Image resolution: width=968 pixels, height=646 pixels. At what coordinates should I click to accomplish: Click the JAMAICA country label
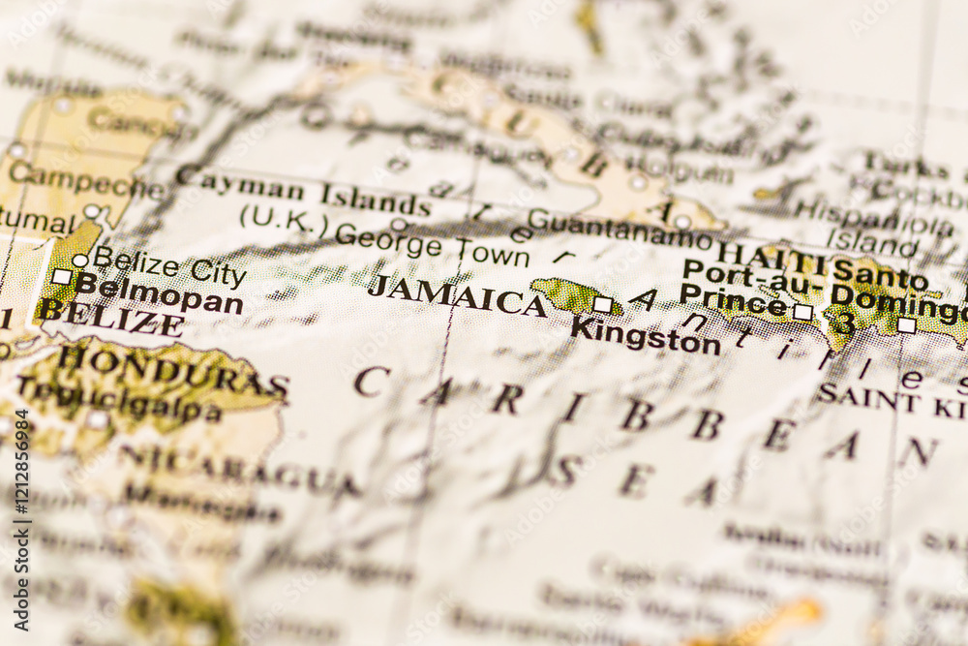pyautogui.click(x=457, y=294)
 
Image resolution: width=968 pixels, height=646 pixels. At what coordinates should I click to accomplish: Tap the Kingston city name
pyautogui.click(x=645, y=336)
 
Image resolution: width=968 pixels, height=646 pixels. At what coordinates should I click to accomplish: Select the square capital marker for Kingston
pyautogui.click(x=602, y=304)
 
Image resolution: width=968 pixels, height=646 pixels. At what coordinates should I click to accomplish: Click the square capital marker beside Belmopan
pyautogui.click(x=61, y=277)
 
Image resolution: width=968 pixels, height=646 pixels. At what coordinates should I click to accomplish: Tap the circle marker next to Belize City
pyautogui.click(x=79, y=260)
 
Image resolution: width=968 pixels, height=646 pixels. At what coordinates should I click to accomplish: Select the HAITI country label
pyautogui.click(x=771, y=256)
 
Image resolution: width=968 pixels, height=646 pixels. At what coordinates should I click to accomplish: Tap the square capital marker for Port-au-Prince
pyautogui.click(x=802, y=312)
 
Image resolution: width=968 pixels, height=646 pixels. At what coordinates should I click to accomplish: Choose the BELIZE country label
pyautogui.click(x=110, y=318)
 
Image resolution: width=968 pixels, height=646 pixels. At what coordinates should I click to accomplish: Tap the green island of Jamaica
pyautogui.click(x=566, y=294)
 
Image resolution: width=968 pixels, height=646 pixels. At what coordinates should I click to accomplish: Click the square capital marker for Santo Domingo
pyautogui.click(x=905, y=325)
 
